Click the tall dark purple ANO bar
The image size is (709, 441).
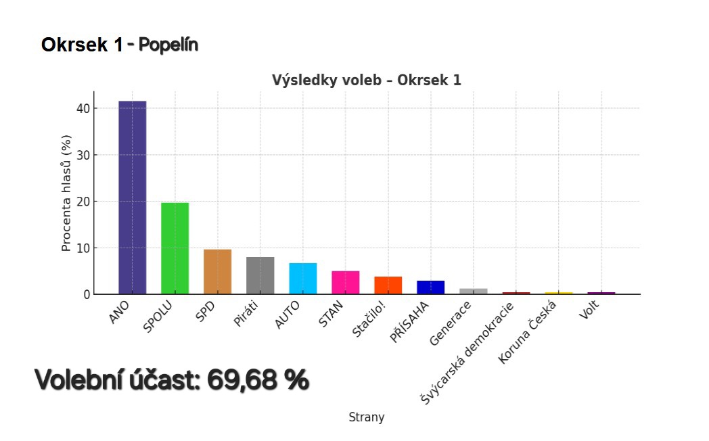click(x=133, y=198)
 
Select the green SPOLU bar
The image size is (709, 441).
click(x=175, y=248)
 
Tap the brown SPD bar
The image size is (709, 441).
click(x=217, y=272)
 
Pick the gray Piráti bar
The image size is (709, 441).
click(x=260, y=275)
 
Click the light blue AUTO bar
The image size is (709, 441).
click(x=302, y=279)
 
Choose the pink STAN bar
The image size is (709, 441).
click(x=345, y=283)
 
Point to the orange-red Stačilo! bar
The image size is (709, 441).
click(x=388, y=285)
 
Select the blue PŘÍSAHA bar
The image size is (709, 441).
click(x=430, y=287)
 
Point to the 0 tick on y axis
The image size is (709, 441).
click(x=87, y=295)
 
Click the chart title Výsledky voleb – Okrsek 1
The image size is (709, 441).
click(x=367, y=80)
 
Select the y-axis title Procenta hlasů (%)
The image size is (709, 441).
click(x=66, y=193)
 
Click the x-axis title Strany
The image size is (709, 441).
click(x=367, y=417)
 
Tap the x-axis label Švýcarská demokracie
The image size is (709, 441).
click(x=467, y=353)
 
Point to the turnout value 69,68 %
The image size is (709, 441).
click(x=258, y=381)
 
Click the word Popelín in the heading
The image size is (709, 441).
click(x=168, y=45)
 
